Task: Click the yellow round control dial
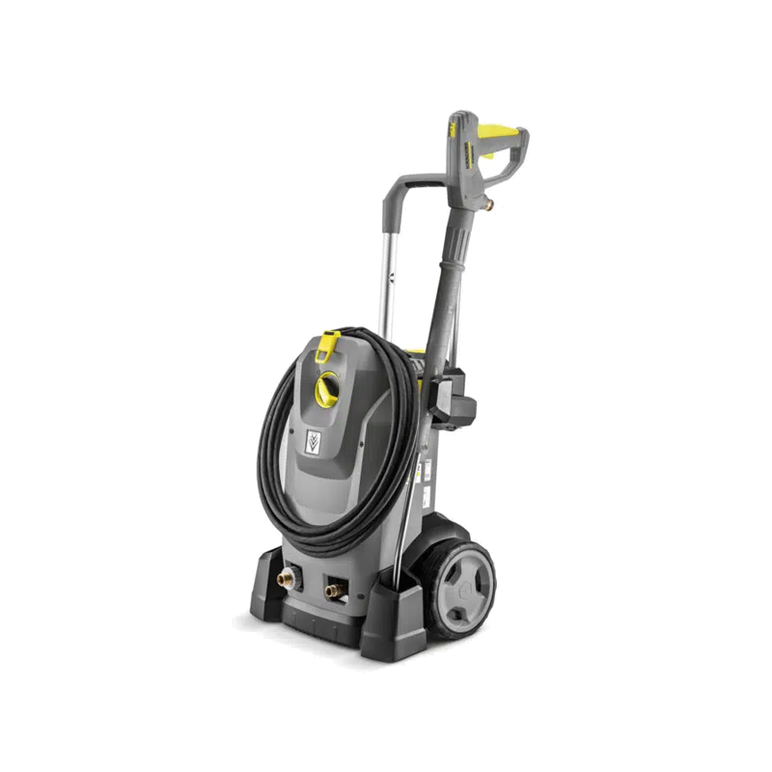click(x=327, y=388)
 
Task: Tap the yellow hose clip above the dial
click(x=330, y=342)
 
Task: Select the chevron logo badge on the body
click(x=313, y=441)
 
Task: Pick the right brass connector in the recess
click(x=333, y=590)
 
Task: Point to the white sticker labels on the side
click(x=422, y=473)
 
